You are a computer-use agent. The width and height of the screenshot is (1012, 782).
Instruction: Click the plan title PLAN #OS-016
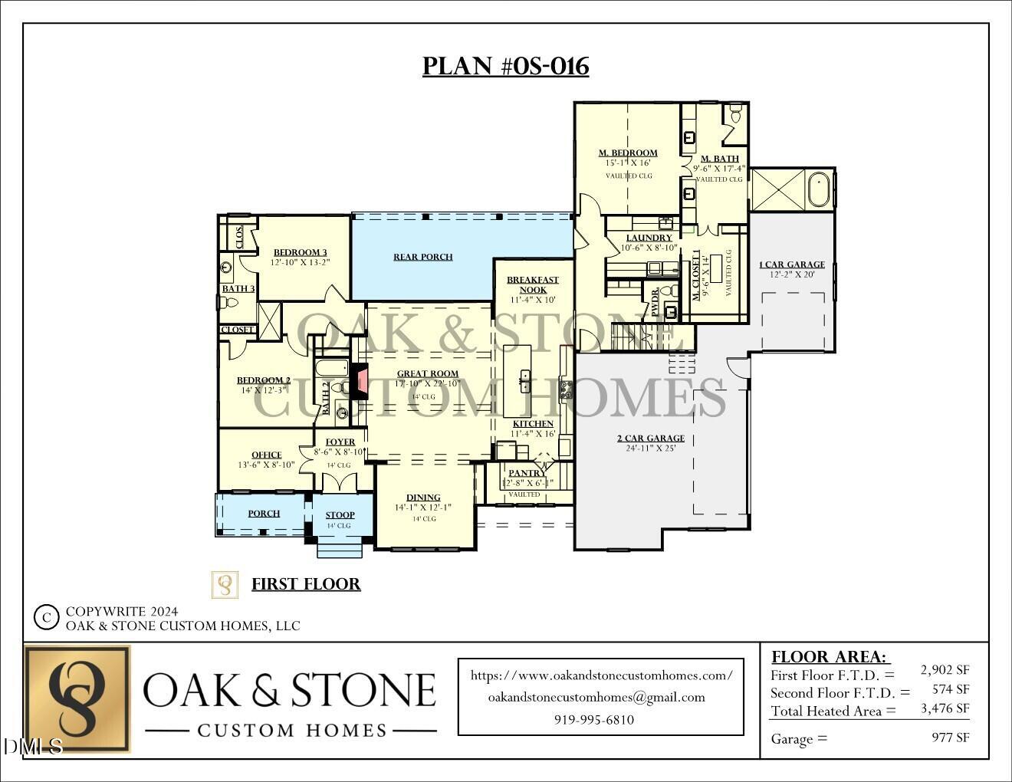505,67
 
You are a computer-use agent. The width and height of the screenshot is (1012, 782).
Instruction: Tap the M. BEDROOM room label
628,153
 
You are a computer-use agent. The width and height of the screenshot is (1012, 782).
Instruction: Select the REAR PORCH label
423,257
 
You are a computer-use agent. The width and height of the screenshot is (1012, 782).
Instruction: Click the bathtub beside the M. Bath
819,189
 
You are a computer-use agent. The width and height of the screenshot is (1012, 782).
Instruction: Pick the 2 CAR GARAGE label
651,439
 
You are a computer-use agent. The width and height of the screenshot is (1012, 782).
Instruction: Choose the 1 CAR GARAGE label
792,264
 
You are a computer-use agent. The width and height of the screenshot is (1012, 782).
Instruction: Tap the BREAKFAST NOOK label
533,284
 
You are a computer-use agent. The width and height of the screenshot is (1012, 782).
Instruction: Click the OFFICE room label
266,455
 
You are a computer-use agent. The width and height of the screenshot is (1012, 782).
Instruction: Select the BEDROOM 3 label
300,252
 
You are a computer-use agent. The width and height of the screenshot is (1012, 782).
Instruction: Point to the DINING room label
423,498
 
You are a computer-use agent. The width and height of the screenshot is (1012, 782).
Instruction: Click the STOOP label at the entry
340,515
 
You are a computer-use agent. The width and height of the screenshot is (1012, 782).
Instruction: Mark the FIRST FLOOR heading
306,584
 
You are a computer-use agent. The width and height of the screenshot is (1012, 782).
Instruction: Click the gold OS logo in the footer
77,698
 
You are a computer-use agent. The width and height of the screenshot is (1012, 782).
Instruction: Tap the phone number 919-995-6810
594,720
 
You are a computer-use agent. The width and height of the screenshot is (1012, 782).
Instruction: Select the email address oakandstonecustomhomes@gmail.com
596,697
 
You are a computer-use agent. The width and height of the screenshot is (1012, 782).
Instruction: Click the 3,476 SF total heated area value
945,709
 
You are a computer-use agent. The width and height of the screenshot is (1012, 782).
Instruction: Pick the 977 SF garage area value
951,738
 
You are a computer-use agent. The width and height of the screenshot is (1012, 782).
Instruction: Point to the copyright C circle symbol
47,616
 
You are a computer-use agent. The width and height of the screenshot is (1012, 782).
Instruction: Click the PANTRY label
527,473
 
